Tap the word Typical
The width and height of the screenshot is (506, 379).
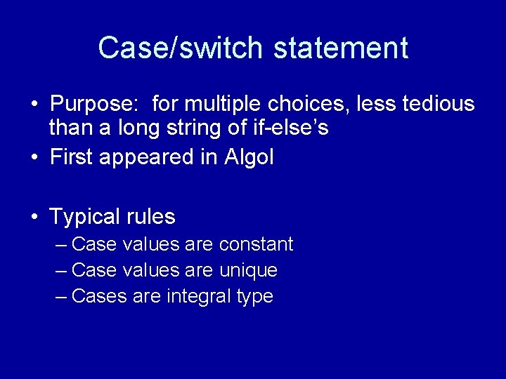tap(84, 217)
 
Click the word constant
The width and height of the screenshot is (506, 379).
tap(257, 245)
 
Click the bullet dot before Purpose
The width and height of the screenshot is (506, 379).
tap(34, 105)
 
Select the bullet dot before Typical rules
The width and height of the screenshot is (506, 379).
tap(34, 218)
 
